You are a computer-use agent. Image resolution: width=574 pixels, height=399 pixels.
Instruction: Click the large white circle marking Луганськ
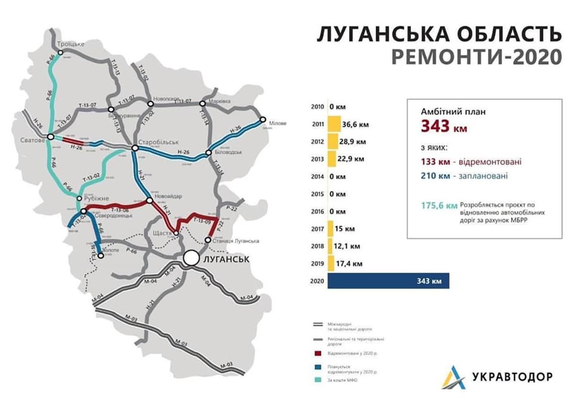[x=191, y=258]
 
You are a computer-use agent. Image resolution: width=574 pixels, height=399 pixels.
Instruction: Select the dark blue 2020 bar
[x=388, y=281]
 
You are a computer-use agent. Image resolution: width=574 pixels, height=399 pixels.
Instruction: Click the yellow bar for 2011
[x=333, y=124]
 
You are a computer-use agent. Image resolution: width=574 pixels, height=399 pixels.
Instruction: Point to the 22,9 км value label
[x=353, y=159]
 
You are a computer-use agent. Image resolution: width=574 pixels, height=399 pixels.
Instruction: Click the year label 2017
[x=318, y=229]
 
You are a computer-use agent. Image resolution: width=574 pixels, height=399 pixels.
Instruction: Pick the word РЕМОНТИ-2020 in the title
[x=476, y=56]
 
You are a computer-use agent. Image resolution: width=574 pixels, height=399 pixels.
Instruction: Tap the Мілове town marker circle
[x=262, y=119]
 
